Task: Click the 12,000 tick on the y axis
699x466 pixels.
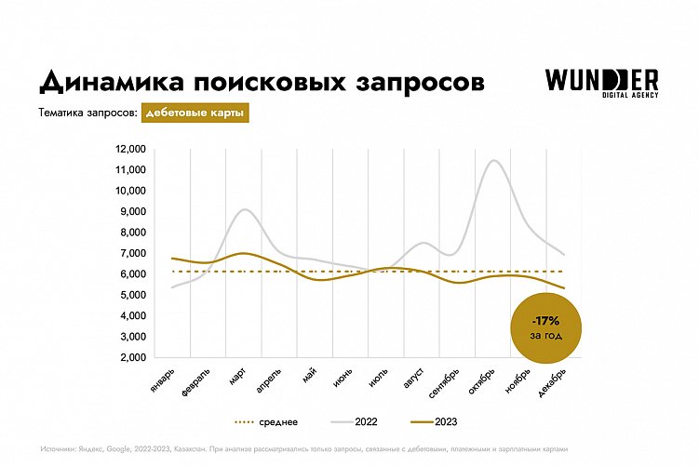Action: coord(131,149)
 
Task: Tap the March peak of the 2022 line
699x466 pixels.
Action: coord(243,209)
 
